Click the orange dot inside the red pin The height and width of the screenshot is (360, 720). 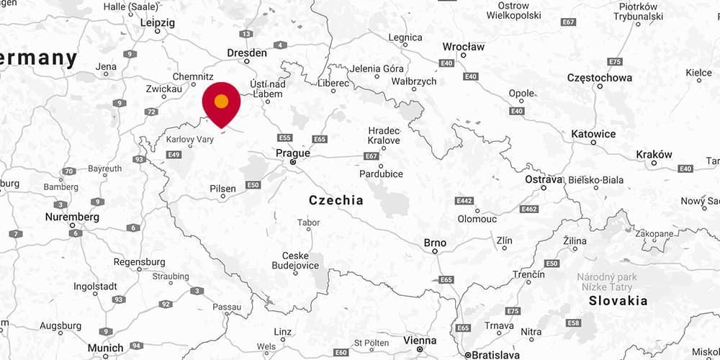point(222,101)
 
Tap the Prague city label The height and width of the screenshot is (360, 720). point(293,153)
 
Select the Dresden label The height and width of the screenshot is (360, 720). point(247,53)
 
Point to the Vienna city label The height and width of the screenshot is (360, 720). point(420,341)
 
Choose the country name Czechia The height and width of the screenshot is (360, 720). point(336,200)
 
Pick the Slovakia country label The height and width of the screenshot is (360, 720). point(618,301)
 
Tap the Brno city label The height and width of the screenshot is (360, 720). point(435,243)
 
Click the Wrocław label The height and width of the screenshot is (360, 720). point(464,47)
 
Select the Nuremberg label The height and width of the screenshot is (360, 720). point(72,217)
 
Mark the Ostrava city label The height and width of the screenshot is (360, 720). point(543,179)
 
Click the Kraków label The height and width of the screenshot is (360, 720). point(654,154)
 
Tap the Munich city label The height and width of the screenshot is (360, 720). point(105,348)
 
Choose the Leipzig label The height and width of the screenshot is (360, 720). point(158,23)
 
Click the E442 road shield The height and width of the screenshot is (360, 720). point(464,200)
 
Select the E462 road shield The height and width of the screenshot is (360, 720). point(529,209)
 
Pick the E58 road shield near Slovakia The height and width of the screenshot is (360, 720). point(574,323)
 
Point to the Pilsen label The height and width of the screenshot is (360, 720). point(223,189)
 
